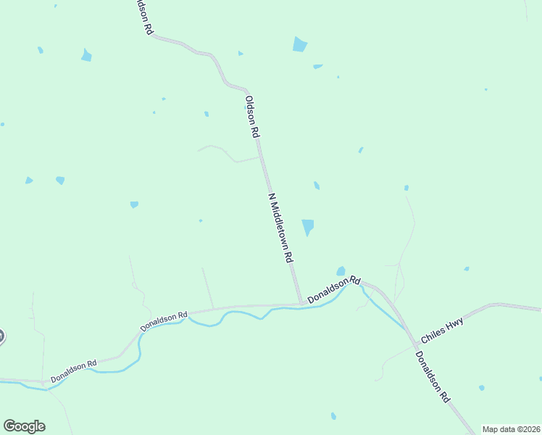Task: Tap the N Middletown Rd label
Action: [x=280, y=228]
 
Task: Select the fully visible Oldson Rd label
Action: [x=251, y=117]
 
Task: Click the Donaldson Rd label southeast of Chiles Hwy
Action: [x=433, y=377]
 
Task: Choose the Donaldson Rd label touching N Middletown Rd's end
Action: [x=333, y=289]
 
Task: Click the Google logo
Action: [x=24, y=426]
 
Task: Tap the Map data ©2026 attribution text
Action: [x=511, y=429]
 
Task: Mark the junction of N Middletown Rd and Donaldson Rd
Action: [x=300, y=304]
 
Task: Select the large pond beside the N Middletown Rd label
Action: [x=308, y=227]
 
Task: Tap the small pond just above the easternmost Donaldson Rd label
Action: [x=341, y=271]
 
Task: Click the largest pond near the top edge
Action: [x=299, y=44]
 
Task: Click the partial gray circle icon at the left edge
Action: [x=1, y=336]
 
